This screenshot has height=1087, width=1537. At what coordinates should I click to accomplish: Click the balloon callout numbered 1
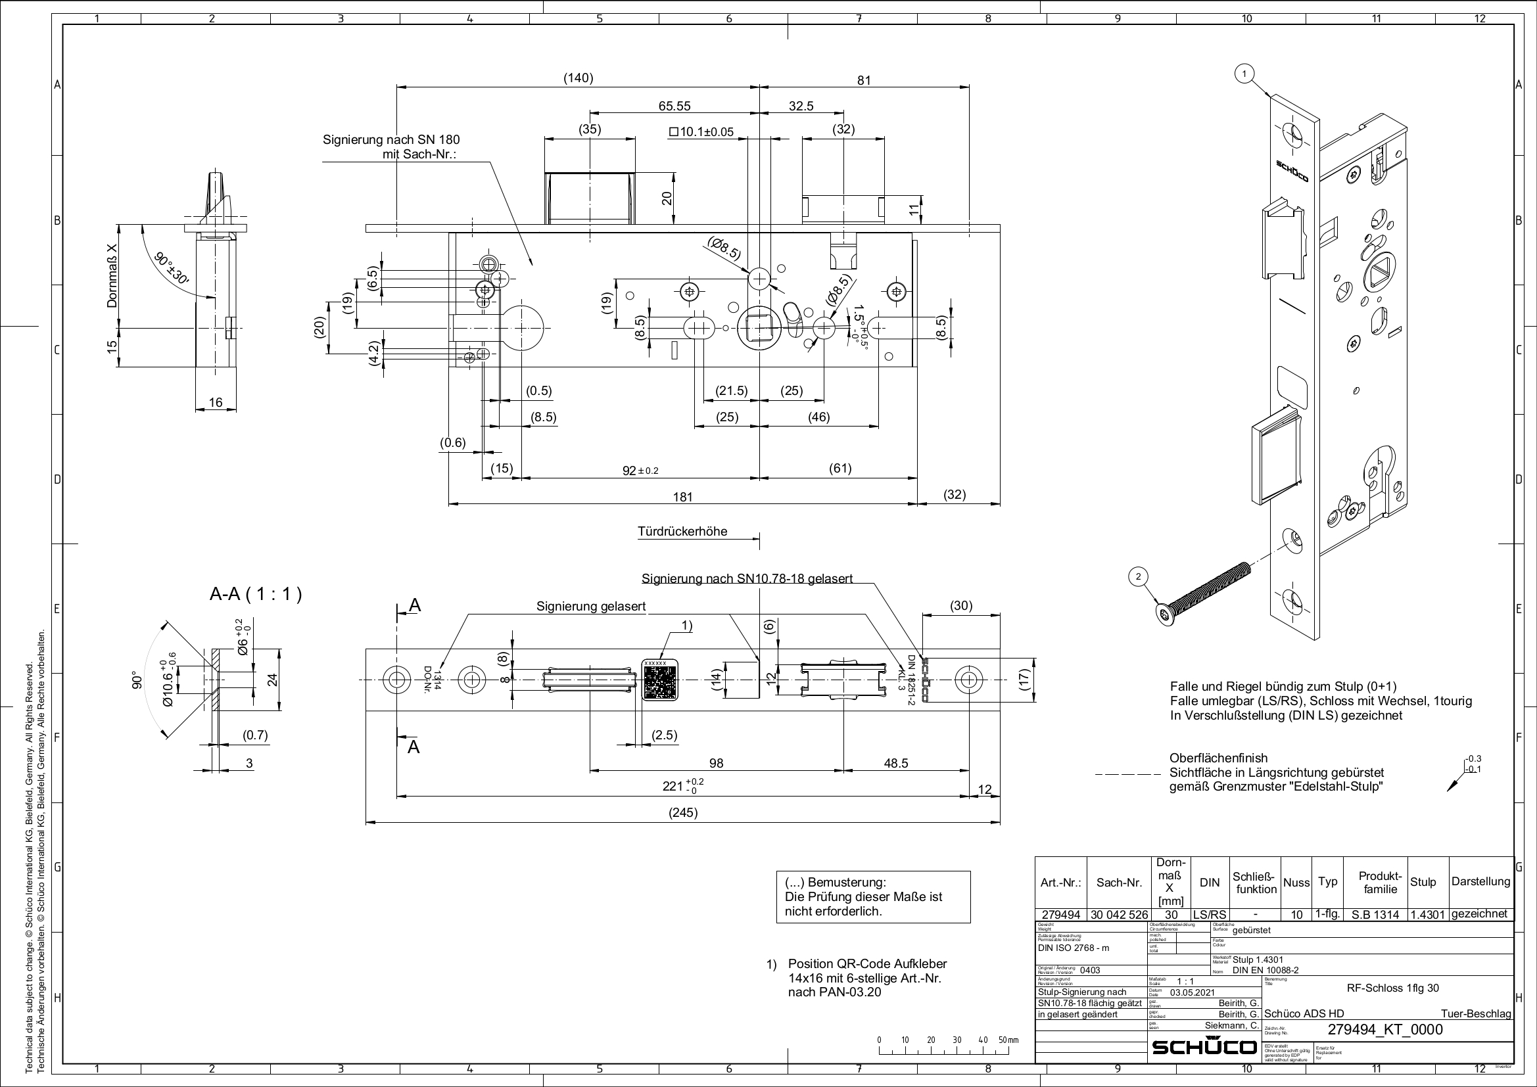[1244, 74]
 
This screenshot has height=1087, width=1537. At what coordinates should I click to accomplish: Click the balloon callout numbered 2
[1138, 576]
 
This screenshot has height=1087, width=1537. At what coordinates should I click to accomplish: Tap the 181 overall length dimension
[682, 497]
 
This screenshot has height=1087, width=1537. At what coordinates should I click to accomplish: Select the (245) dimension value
[683, 812]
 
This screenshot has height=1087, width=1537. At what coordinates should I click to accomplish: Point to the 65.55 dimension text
[674, 106]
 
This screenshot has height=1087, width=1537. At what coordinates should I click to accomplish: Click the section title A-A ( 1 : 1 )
[256, 593]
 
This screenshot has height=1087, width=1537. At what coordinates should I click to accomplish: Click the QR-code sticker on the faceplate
[660, 680]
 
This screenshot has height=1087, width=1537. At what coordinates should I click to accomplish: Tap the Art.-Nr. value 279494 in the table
[1061, 914]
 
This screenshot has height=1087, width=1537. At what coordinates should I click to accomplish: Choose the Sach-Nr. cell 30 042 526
[1119, 914]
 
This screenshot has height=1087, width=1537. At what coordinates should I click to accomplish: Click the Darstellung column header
[1480, 881]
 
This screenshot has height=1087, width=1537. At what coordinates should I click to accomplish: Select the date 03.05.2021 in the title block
[1193, 992]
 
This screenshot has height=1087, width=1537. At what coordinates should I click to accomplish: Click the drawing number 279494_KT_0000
[1385, 1029]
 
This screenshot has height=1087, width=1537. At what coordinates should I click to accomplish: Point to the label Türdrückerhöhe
[682, 532]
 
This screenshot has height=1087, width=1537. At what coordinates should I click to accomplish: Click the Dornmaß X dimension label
[112, 276]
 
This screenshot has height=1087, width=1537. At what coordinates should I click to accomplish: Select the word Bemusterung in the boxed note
[847, 882]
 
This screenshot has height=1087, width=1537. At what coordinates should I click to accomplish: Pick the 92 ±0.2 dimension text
[640, 471]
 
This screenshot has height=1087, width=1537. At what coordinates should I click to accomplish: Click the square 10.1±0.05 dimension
[701, 132]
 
